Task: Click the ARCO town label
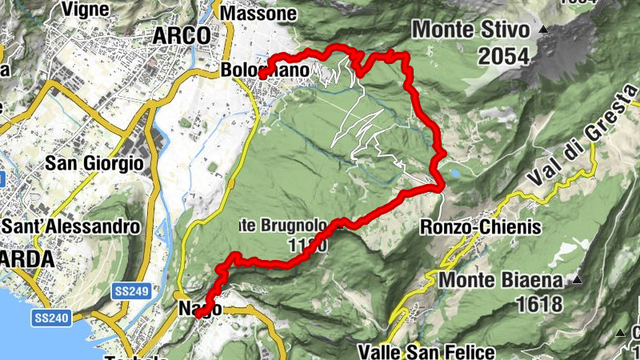(182, 36)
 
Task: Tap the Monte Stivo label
(470, 31)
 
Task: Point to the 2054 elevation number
(504, 56)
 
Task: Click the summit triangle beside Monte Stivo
(544, 30)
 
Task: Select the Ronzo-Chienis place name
(480, 228)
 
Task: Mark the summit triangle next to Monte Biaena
(575, 280)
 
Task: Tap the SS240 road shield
(51, 318)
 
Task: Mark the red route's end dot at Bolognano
(262, 74)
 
